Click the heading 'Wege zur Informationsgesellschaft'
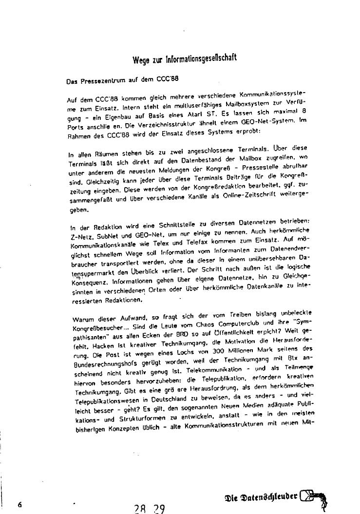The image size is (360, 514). click(x=185, y=59)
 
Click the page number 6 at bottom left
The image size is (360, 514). click(x=20, y=504)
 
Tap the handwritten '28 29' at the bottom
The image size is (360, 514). click(x=149, y=509)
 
